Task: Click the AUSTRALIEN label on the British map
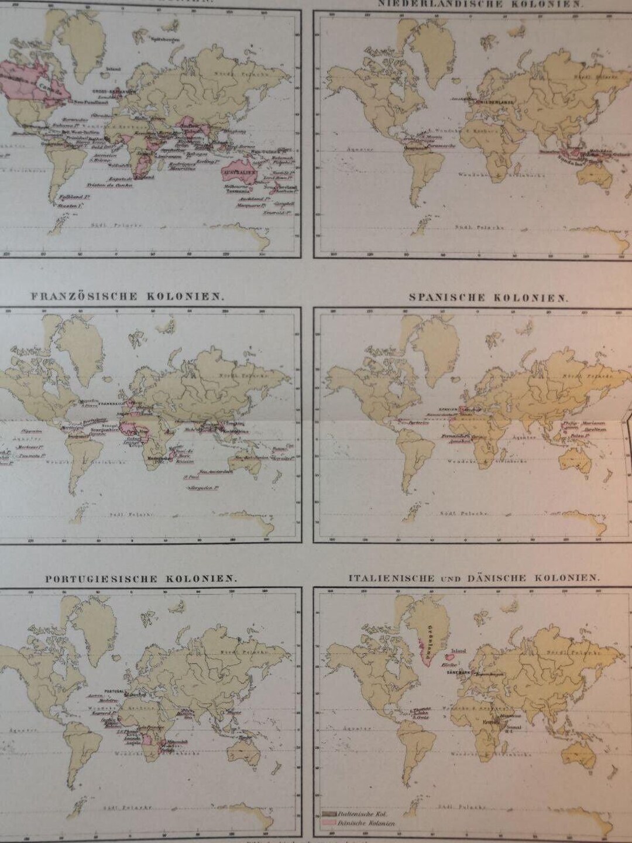coord(240,174)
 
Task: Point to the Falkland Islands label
coord(68,198)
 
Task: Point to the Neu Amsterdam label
coord(213,472)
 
